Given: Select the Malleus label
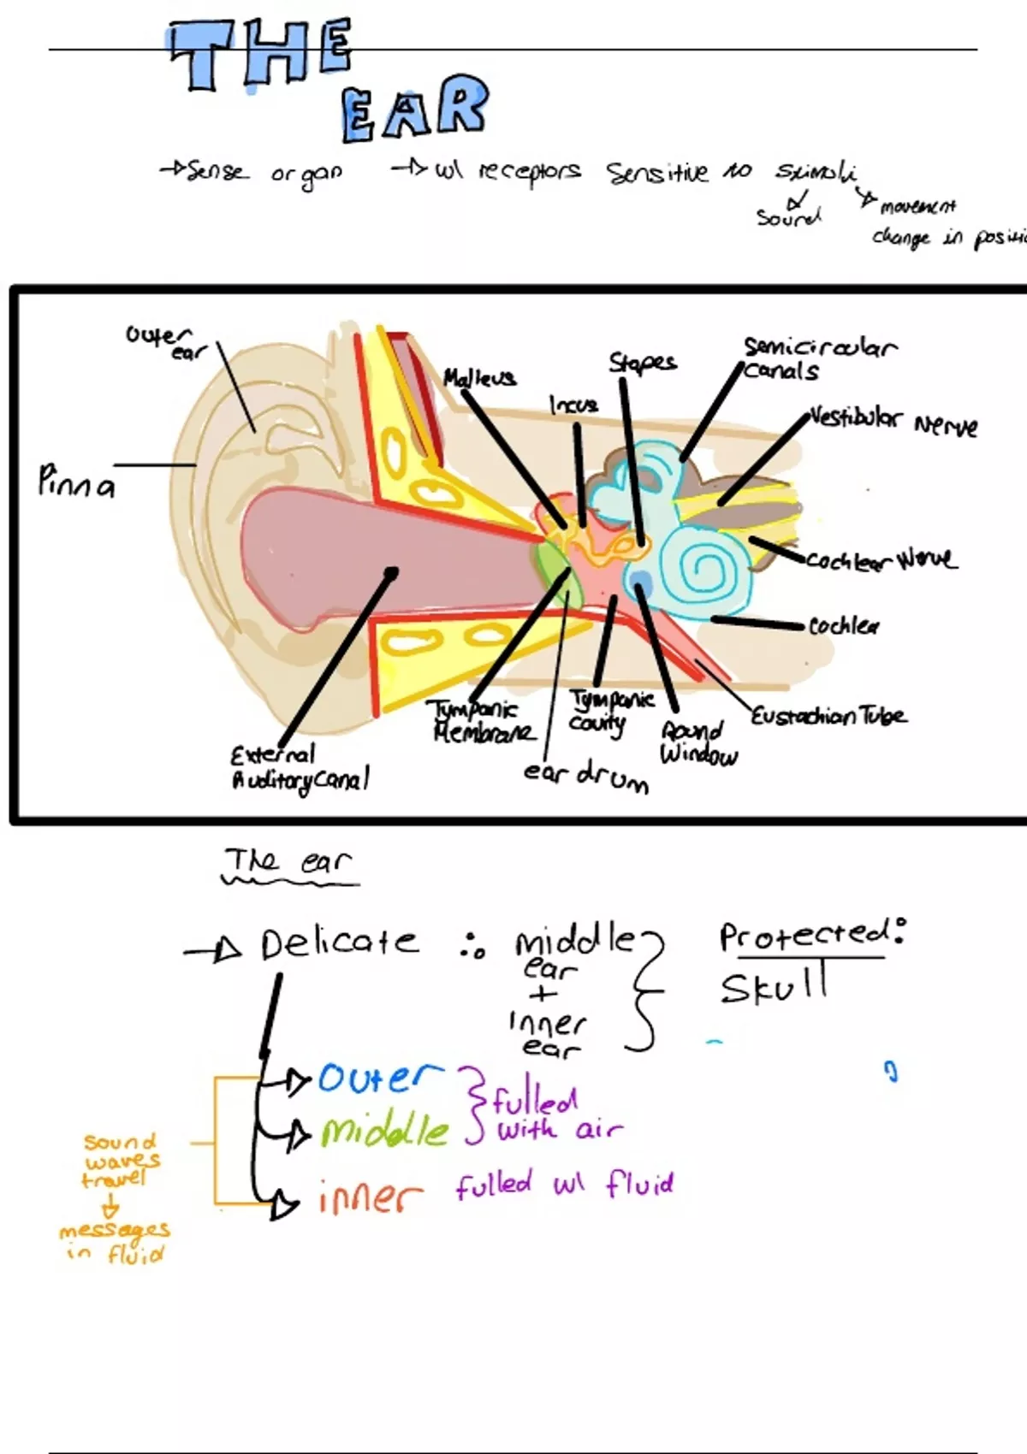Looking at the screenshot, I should pyautogui.click(x=479, y=378).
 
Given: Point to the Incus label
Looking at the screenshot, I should pyautogui.click(x=573, y=404).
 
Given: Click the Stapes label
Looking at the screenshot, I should pyautogui.click(x=642, y=363).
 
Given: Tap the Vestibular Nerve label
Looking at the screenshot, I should pyautogui.click(x=893, y=422).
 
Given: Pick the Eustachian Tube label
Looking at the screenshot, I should pyautogui.click(x=828, y=715).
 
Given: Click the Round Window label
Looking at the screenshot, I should pyautogui.click(x=698, y=742).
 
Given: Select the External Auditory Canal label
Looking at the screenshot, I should pyautogui.click(x=300, y=768).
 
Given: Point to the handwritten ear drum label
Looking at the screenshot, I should pyautogui.click(x=586, y=776).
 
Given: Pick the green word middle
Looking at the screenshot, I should pyautogui.click(x=385, y=1132).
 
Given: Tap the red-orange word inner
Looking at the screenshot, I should pyautogui.click(x=370, y=1197).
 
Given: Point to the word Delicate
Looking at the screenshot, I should pyautogui.click(x=339, y=943).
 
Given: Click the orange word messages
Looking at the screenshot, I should pyautogui.click(x=115, y=1230).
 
